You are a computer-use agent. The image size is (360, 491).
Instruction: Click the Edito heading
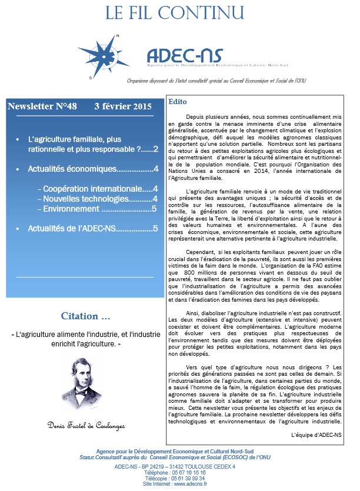(x=178, y=102)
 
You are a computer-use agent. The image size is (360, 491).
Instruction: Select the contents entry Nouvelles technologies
(x=97, y=199)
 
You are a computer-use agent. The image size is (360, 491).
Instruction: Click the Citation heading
(x=85, y=316)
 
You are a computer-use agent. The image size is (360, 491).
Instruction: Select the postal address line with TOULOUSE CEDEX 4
(x=180, y=466)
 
